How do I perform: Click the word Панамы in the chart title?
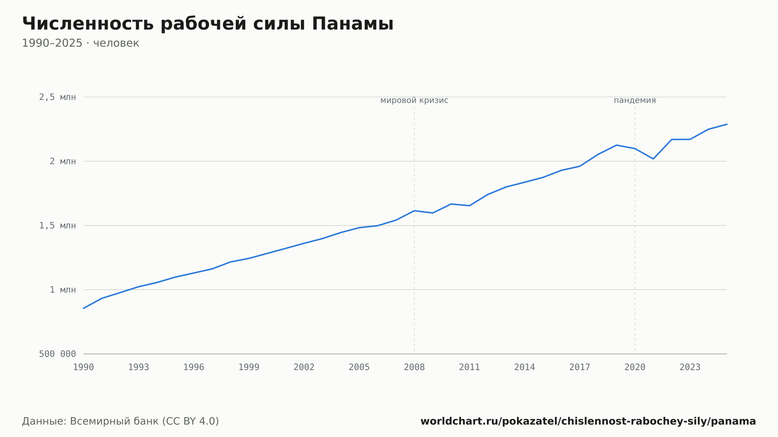click(x=352, y=24)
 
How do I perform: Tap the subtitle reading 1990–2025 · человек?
click(x=81, y=43)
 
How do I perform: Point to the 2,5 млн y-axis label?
click(x=58, y=97)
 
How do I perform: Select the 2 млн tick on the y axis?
click(x=63, y=161)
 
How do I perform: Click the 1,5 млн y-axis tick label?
click(x=58, y=225)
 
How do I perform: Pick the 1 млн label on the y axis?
click(x=63, y=290)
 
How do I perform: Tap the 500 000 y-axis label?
click(x=58, y=354)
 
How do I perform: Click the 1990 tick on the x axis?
click(x=84, y=367)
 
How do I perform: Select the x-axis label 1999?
click(x=249, y=367)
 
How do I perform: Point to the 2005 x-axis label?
click(x=359, y=367)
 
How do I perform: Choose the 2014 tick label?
click(x=524, y=367)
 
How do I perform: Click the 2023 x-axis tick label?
click(x=690, y=367)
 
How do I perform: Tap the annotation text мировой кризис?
click(x=414, y=101)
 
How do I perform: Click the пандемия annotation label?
click(x=635, y=101)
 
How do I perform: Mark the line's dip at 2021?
click(x=653, y=159)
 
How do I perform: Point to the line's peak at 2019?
click(x=617, y=145)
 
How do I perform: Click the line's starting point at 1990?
click(x=84, y=308)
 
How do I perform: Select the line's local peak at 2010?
click(x=451, y=204)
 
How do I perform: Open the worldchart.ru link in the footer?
click(x=588, y=421)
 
